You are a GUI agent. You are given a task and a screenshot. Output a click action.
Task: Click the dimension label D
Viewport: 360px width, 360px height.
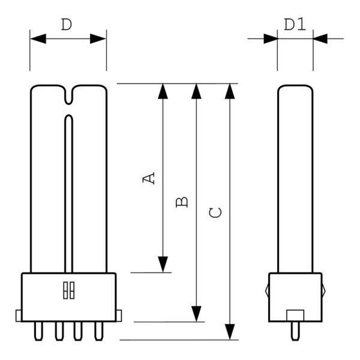(67, 25)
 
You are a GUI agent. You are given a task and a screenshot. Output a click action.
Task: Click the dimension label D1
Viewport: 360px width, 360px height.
(295, 25)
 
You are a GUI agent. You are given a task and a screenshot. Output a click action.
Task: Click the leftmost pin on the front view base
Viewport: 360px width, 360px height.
(41, 331)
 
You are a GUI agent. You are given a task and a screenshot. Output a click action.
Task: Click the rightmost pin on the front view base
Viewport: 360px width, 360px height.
(96, 331)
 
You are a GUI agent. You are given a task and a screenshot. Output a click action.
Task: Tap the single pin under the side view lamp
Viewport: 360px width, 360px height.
(295, 331)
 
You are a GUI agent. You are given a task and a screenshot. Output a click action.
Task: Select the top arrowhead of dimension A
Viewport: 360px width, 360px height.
(163, 91)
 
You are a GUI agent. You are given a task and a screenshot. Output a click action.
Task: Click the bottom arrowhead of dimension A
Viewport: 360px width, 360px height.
(163, 263)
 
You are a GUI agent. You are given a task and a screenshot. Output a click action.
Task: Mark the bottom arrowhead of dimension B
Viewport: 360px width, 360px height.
(196, 313)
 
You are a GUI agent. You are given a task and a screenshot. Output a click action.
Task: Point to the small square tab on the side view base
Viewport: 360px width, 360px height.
(295, 315)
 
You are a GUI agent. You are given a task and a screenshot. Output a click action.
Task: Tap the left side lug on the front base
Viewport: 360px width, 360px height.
(19, 315)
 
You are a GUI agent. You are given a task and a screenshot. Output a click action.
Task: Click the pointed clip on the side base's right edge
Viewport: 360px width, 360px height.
(324, 289)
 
